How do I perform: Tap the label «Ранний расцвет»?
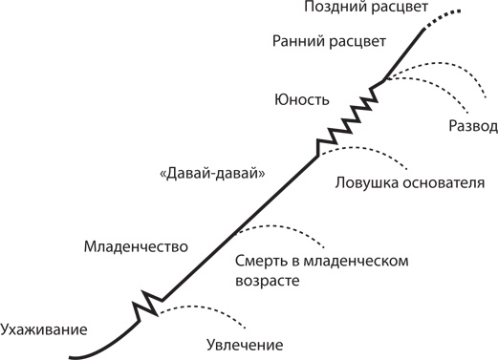pos(329,41)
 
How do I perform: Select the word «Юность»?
pos(302,99)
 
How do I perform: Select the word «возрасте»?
pos(267,282)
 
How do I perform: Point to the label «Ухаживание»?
pos(44,329)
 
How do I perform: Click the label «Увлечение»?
pos(247,345)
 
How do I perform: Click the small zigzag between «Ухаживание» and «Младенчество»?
pos(145,305)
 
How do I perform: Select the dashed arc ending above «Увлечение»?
pos(206,309)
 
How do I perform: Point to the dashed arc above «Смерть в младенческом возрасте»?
pos(282,229)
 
